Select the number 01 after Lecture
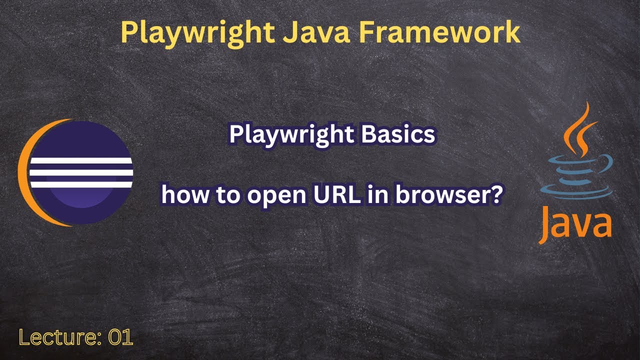point(120,338)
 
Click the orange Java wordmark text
point(575,224)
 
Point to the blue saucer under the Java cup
point(575,192)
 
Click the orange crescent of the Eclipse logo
point(24,172)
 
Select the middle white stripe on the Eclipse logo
point(81,172)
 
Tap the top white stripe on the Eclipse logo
point(81,161)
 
